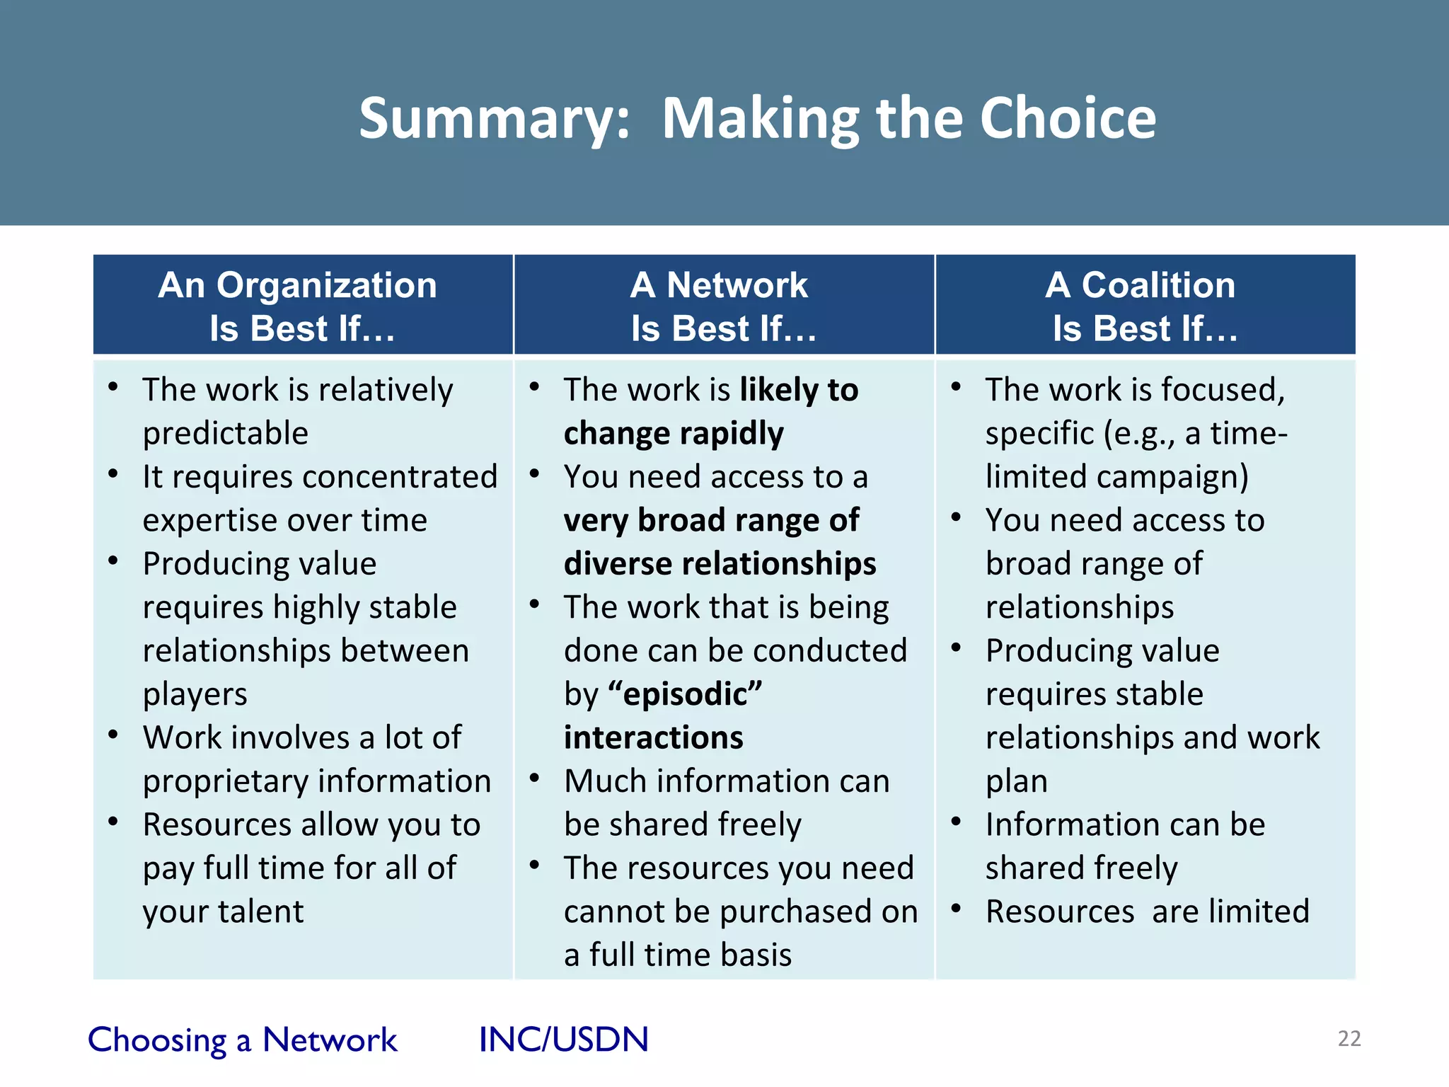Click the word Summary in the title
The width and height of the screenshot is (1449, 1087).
tap(494, 118)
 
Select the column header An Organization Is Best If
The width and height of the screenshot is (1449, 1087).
tap(302, 306)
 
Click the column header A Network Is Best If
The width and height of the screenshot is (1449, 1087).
tap(723, 306)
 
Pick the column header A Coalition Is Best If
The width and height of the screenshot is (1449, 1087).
tap(1145, 306)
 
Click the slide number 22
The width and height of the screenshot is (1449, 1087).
tap(1349, 1039)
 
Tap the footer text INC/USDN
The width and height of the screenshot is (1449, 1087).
tap(563, 1040)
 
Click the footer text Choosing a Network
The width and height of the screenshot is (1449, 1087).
tap(242, 1040)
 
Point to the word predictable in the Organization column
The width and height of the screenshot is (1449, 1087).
tap(225, 433)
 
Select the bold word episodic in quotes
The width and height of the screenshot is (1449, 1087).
tap(684, 694)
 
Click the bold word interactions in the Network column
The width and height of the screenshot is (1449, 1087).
tap(653, 737)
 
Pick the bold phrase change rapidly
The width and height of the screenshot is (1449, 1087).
tap(673, 433)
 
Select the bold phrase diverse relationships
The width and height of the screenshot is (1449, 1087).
tap(720, 564)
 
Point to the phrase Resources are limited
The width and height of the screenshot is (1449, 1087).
tap(1147, 911)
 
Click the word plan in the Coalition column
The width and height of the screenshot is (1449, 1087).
tap(1016, 782)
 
